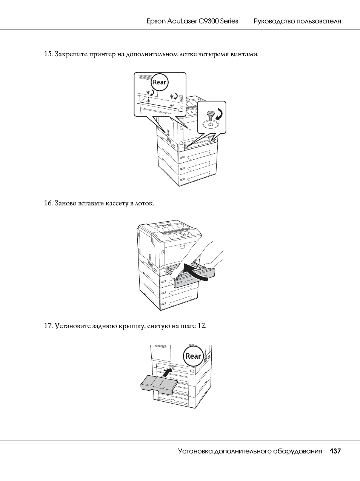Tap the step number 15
(x=48, y=54)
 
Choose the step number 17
(x=48, y=325)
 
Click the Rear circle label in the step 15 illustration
(x=160, y=82)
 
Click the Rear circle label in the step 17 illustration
(x=193, y=356)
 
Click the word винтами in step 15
(x=244, y=54)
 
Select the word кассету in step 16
(x=117, y=203)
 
